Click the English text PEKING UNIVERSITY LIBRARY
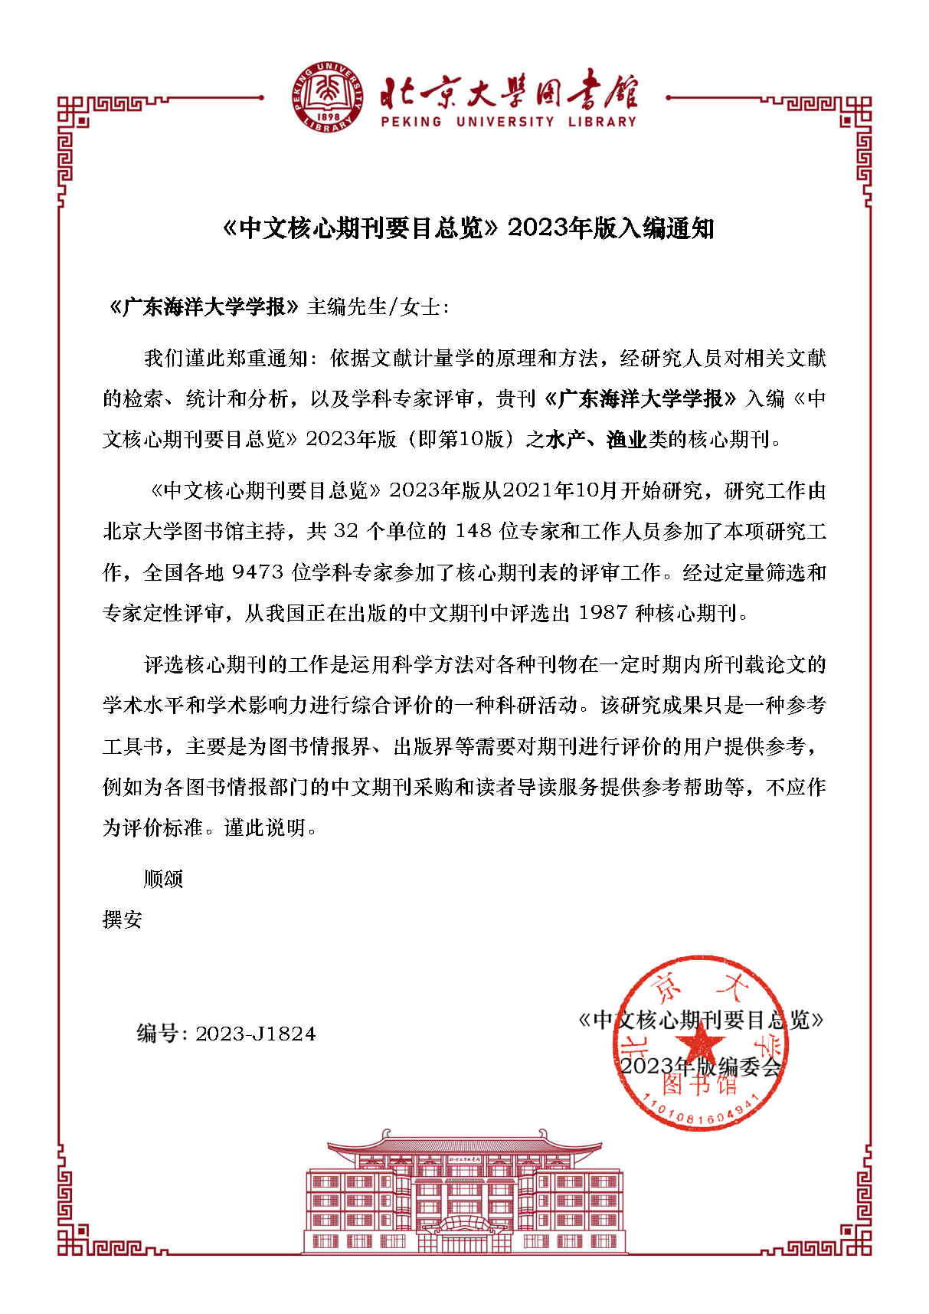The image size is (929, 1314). coord(509,121)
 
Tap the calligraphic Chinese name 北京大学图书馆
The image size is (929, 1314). coord(509,90)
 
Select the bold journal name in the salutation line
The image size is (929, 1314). coord(204,307)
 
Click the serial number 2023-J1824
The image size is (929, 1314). coord(255,1034)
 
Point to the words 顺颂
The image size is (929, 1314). coord(163,878)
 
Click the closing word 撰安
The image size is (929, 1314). coord(123,919)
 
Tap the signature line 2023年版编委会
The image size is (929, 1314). coord(699,1066)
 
